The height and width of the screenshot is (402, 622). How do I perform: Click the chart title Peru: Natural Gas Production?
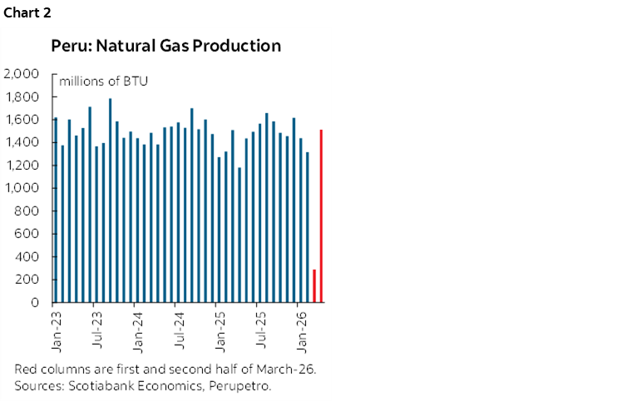coord(165,46)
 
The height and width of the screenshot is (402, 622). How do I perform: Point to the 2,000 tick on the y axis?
coord(22,74)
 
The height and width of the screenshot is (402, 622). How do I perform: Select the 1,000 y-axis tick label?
coord(22,188)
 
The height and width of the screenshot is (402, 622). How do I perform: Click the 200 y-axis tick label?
coord(30,280)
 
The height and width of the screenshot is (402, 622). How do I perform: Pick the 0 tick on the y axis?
coord(36,302)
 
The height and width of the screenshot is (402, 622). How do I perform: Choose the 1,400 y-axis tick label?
coord(22,142)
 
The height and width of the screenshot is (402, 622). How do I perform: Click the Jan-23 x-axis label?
coord(56,327)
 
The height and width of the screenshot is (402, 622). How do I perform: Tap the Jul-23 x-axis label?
coord(97,327)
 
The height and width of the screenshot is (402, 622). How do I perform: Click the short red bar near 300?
coord(314,285)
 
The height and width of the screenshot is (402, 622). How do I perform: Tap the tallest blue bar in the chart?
coord(111,201)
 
